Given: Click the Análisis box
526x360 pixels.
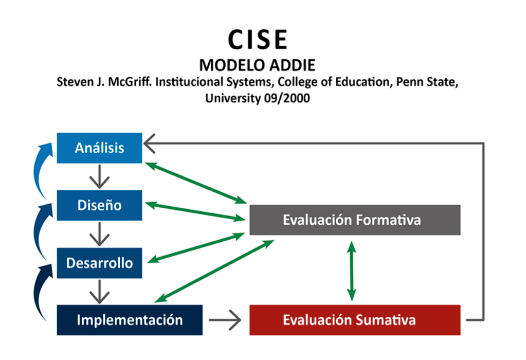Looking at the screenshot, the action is pos(99,148).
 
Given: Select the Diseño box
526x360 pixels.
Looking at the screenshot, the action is pos(99,205).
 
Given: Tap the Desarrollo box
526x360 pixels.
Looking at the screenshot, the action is pos(99,263).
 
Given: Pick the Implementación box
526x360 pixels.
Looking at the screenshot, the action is pos(130,320).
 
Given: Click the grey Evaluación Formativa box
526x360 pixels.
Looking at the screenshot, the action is pos(355,220).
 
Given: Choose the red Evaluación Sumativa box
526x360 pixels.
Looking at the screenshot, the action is pos(355,320).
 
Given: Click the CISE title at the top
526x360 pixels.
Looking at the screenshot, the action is pos(258,40).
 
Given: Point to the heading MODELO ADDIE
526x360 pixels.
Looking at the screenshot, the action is pos(257,65).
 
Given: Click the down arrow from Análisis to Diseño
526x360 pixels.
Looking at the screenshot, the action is pos(99,176).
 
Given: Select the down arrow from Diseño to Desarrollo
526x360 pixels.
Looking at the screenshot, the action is pos(99,234).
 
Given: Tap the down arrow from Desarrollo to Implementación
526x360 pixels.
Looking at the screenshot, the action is pos(99,292).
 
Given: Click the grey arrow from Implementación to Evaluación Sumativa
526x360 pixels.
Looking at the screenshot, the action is pos(225,320).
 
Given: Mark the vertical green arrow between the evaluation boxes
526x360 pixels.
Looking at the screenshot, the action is pos(352,271).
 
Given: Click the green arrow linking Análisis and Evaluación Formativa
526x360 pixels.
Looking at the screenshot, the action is pos(196,183).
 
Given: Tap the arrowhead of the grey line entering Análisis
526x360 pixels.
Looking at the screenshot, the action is pos(149,143).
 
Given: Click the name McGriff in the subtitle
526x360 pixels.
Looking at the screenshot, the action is pos(130,82).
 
